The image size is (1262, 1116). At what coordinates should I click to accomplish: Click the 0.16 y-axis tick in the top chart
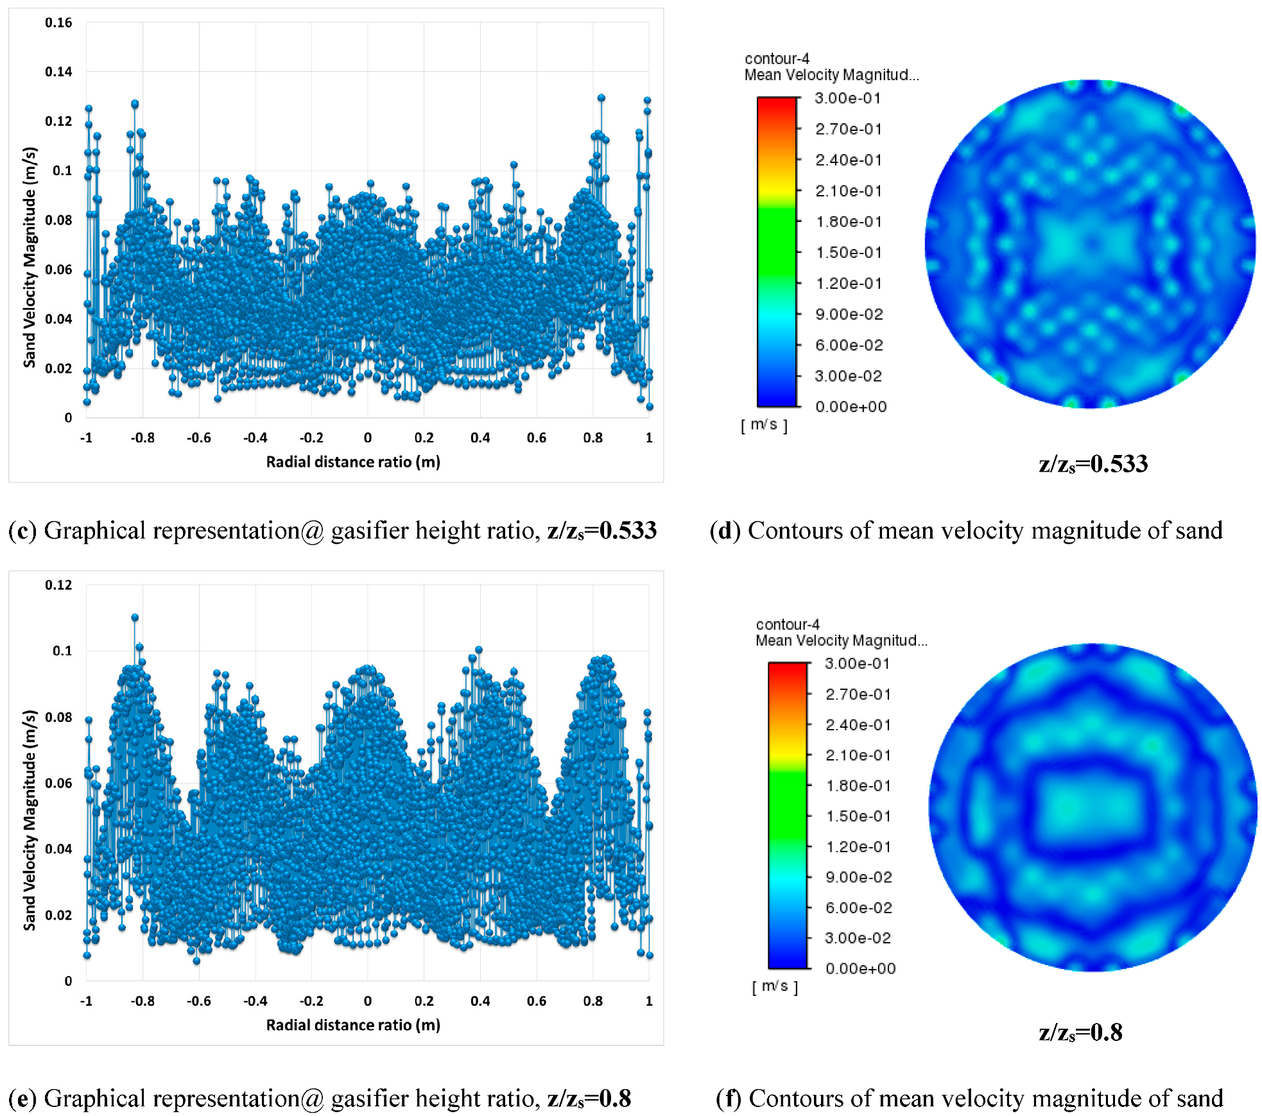[x=58, y=22]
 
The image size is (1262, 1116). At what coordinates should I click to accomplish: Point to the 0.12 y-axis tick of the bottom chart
[x=58, y=585]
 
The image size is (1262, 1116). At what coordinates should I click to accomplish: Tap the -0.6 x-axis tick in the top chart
[x=198, y=438]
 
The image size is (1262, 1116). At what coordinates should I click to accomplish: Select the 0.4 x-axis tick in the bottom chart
[x=480, y=1000]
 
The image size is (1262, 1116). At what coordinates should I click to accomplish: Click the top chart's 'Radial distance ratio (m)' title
[x=353, y=462]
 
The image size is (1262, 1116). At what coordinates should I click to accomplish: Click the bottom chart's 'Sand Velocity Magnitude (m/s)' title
[x=30, y=820]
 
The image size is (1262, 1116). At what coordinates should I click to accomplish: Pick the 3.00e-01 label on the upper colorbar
[x=847, y=98]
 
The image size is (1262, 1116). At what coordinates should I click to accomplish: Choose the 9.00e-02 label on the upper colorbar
[x=849, y=314]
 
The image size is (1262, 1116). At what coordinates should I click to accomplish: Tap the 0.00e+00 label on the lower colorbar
[x=860, y=968]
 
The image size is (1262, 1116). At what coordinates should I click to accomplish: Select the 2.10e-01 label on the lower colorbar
[x=858, y=755]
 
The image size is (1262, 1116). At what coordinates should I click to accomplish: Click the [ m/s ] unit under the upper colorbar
[x=764, y=425]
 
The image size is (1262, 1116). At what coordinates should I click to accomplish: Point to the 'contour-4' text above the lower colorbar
[x=788, y=624]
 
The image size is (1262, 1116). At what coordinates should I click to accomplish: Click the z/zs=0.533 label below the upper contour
[x=1093, y=464]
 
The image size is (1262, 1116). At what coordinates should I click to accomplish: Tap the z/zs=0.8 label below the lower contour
[x=1080, y=1032]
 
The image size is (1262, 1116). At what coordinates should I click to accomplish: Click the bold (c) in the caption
[x=22, y=531]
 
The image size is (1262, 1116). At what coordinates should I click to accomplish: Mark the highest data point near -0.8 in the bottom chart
[x=135, y=617]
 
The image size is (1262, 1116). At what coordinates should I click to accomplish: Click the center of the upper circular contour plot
[x=1090, y=244]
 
